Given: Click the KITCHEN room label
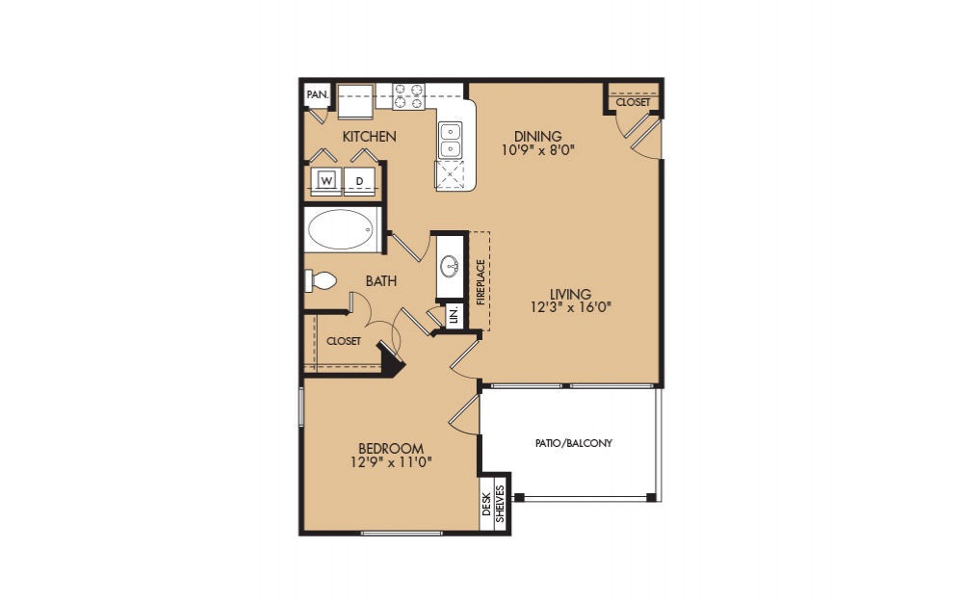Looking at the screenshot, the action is pyautogui.click(x=369, y=136).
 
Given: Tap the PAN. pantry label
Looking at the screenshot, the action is pyautogui.click(x=318, y=94).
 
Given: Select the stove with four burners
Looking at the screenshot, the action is pyautogui.click(x=408, y=96).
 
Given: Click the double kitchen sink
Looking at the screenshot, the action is pyautogui.click(x=450, y=141).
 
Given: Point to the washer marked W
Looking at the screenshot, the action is pyautogui.click(x=326, y=181).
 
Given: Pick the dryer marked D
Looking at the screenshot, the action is pyautogui.click(x=359, y=181).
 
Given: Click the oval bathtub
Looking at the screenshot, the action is pyautogui.click(x=340, y=230).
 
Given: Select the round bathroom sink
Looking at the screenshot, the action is pyautogui.click(x=451, y=265).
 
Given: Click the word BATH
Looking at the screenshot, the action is pyautogui.click(x=381, y=281).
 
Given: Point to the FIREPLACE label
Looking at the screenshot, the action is pyautogui.click(x=480, y=282).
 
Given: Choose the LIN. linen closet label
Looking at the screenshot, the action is pyautogui.click(x=455, y=316).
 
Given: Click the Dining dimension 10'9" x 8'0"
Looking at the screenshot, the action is pyautogui.click(x=538, y=149).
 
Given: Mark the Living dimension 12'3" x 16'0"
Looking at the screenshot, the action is pyautogui.click(x=571, y=307).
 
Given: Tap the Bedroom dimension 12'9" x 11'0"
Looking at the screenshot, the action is pyautogui.click(x=392, y=462).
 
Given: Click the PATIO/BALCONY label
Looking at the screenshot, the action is pyautogui.click(x=574, y=443).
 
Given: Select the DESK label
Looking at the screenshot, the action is pyautogui.click(x=486, y=504).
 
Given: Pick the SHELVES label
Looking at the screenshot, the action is pyautogui.click(x=500, y=504).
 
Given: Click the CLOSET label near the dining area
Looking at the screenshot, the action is pyautogui.click(x=633, y=102).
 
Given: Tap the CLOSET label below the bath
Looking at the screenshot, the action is pyautogui.click(x=344, y=341).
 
